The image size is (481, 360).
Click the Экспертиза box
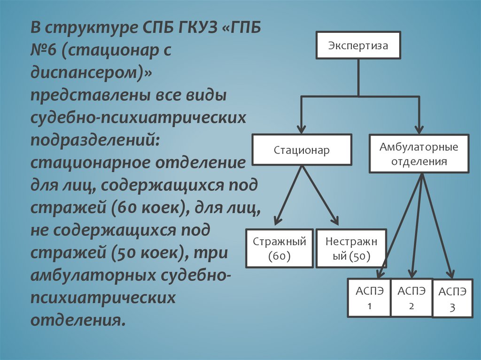tap(358, 46)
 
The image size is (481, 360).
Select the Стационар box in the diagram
tap(302, 150)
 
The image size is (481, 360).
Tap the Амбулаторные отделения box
tap(419, 154)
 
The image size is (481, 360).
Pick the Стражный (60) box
tap(279, 248)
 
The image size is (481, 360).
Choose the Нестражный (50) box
tap(351, 248)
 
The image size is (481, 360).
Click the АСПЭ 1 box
tap(369, 298)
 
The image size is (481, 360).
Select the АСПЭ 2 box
tap(411, 298)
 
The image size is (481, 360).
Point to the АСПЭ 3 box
tap(452, 299)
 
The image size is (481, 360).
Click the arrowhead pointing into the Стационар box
tap(302, 129)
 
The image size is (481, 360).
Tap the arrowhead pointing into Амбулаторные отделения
tap(419, 129)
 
